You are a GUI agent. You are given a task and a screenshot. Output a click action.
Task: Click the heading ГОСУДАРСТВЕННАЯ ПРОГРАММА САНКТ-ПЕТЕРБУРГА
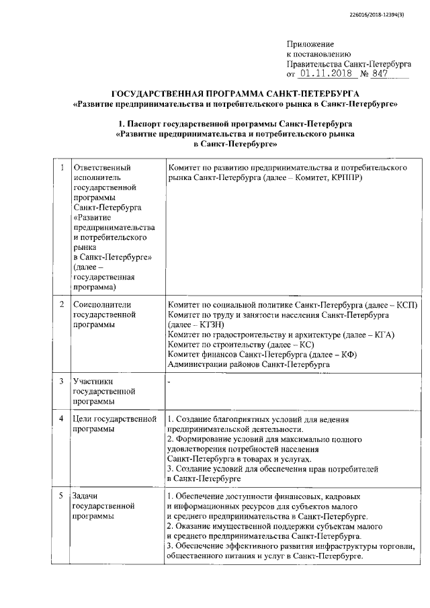pyautogui.click(x=235, y=93)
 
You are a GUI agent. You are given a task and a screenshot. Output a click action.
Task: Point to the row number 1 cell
pyautogui.click(x=62, y=167)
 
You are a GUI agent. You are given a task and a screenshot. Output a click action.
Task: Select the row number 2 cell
pyautogui.click(x=62, y=304)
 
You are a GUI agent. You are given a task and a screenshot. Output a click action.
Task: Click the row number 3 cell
pyautogui.click(x=62, y=382)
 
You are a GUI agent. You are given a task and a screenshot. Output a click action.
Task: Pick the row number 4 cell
pyautogui.click(x=62, y=420)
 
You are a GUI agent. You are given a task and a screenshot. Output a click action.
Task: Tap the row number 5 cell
pyautogui.click(x=62, y=496)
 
